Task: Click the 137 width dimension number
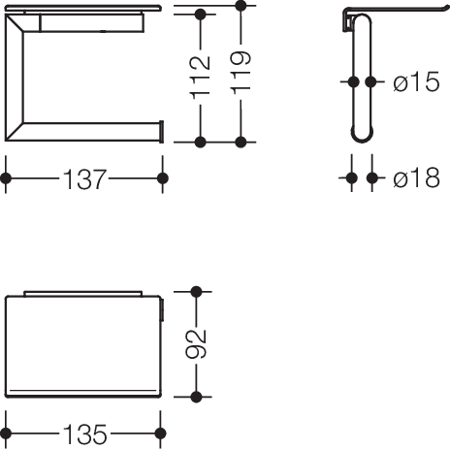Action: click(84, 179)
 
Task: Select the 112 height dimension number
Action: click(200, 78)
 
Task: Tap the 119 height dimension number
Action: click(241, 73)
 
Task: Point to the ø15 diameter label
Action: click(416, 81)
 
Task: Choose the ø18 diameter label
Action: click(416, 177)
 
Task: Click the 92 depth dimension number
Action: click(196, 344)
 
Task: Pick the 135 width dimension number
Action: click(85, 434)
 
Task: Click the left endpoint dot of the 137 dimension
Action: click(6, 178)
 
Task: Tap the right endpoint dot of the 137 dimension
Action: click(163, 178)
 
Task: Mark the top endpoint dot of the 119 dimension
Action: click(241, 6)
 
